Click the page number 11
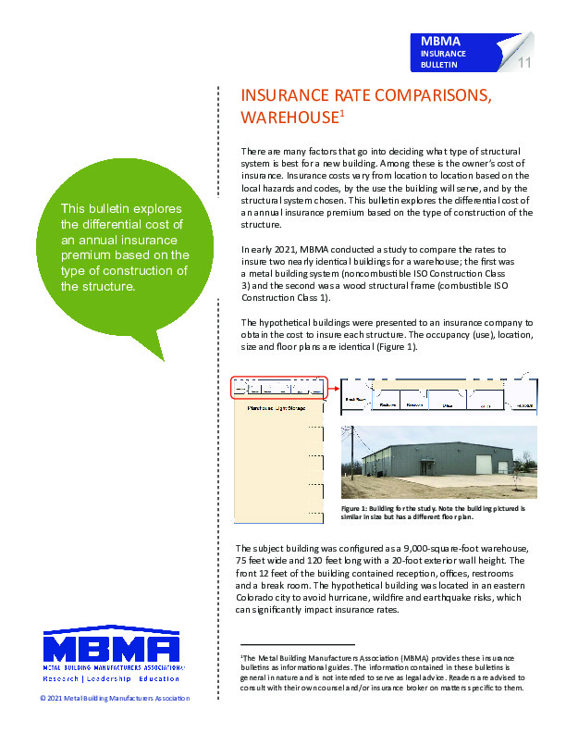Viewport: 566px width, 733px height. pos(523,63)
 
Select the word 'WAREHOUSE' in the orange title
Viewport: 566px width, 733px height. pos(289,118)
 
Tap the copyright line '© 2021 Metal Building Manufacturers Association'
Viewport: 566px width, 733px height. pos(115,698)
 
